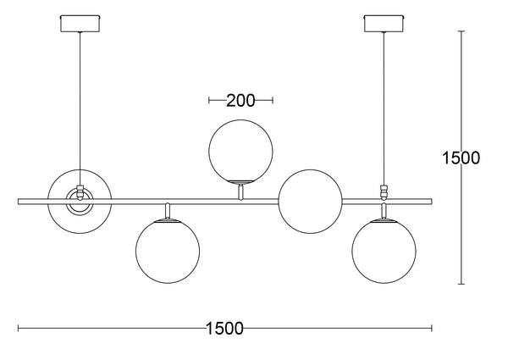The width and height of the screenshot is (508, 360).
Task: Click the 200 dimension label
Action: click(x=240, y=101)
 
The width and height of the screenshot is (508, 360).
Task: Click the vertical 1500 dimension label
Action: click(x=461, y=158)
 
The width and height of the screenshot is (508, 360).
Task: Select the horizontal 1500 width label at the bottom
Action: click(x=224, y=329)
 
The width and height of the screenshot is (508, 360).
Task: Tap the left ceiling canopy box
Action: click(x=80, y=23)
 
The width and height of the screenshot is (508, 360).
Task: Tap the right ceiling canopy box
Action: click(x=384, y=23)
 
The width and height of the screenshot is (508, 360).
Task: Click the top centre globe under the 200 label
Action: click(x=240, y=152)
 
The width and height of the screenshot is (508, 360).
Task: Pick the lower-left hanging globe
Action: click(x=168, y=251)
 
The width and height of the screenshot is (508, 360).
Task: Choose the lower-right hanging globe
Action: click(x=384, y=251)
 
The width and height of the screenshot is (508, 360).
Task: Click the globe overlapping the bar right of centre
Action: click(x=311, y=202)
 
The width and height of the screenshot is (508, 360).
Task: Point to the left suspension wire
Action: click(x=80, y=108)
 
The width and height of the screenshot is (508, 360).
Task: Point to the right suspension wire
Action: click(x=384, y=108)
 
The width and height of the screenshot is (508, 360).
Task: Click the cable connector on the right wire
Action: click(x=384, y=191)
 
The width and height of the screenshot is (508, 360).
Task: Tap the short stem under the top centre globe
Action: click(x=240, y=191)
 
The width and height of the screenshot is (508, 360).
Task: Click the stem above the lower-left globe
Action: click(x=168, y=211)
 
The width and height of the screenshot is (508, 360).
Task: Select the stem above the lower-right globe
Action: click(x=384, y=211)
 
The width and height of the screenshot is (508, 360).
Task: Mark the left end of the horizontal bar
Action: click(x=19, y=202)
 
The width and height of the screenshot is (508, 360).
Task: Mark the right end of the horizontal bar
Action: click(x=432, y=202)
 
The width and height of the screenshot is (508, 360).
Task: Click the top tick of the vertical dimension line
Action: click(x=461, y=31)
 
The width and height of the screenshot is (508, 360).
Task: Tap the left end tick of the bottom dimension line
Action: click(x=19, y=329)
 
